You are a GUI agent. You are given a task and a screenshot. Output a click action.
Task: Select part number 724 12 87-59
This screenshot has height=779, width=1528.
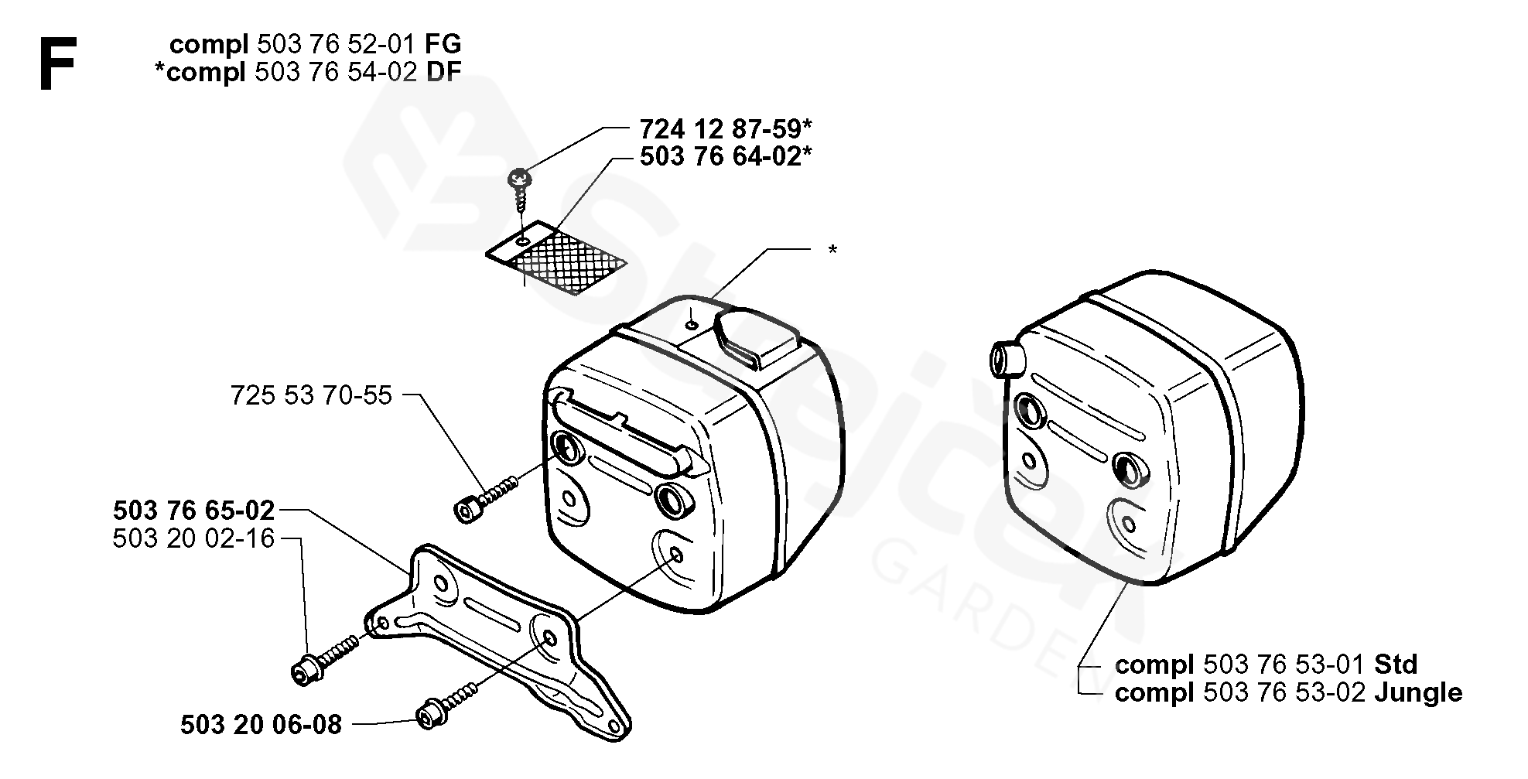pos(726,128)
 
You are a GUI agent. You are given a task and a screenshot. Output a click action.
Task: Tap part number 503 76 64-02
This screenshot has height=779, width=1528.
pos(726,156)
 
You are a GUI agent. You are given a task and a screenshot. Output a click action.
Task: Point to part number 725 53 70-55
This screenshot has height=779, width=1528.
pos(311,395)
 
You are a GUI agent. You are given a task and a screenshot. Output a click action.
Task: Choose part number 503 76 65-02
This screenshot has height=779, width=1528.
pos(194,511)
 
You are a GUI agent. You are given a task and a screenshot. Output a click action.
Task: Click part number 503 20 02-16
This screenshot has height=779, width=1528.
pos(194,538)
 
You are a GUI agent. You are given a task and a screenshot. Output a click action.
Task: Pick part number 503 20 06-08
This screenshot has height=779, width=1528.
pos(261,724)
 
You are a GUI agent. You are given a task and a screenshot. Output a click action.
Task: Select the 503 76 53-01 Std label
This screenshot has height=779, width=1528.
pos(1266,665)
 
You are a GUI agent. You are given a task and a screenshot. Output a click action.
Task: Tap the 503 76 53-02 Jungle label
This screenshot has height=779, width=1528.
pos(1288,692)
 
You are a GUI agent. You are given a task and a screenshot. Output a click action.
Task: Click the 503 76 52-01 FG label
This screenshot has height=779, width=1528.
pos(316,44)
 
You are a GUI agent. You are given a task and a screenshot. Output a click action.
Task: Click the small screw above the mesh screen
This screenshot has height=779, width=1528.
pos(518,186)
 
